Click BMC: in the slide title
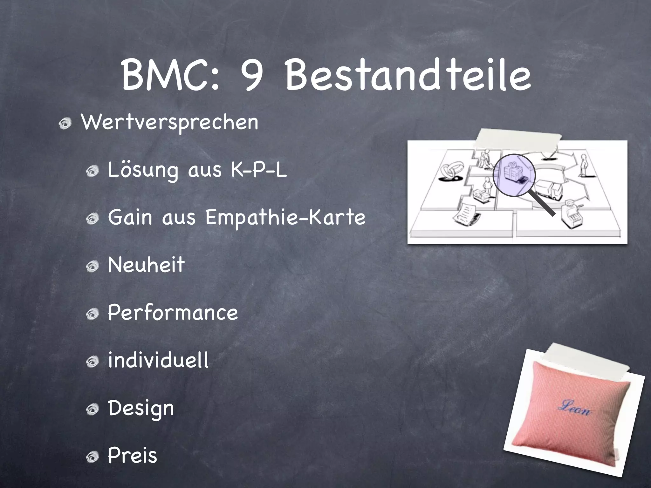click(170, 76)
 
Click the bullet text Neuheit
click(146, 265)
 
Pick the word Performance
click(173, 313)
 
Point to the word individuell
click(158, 360)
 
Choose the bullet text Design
click(141, 409)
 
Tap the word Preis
click(133, 456)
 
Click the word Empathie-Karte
click(285, 218)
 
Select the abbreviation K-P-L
click(259, 170)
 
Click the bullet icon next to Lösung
click(94, 172)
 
